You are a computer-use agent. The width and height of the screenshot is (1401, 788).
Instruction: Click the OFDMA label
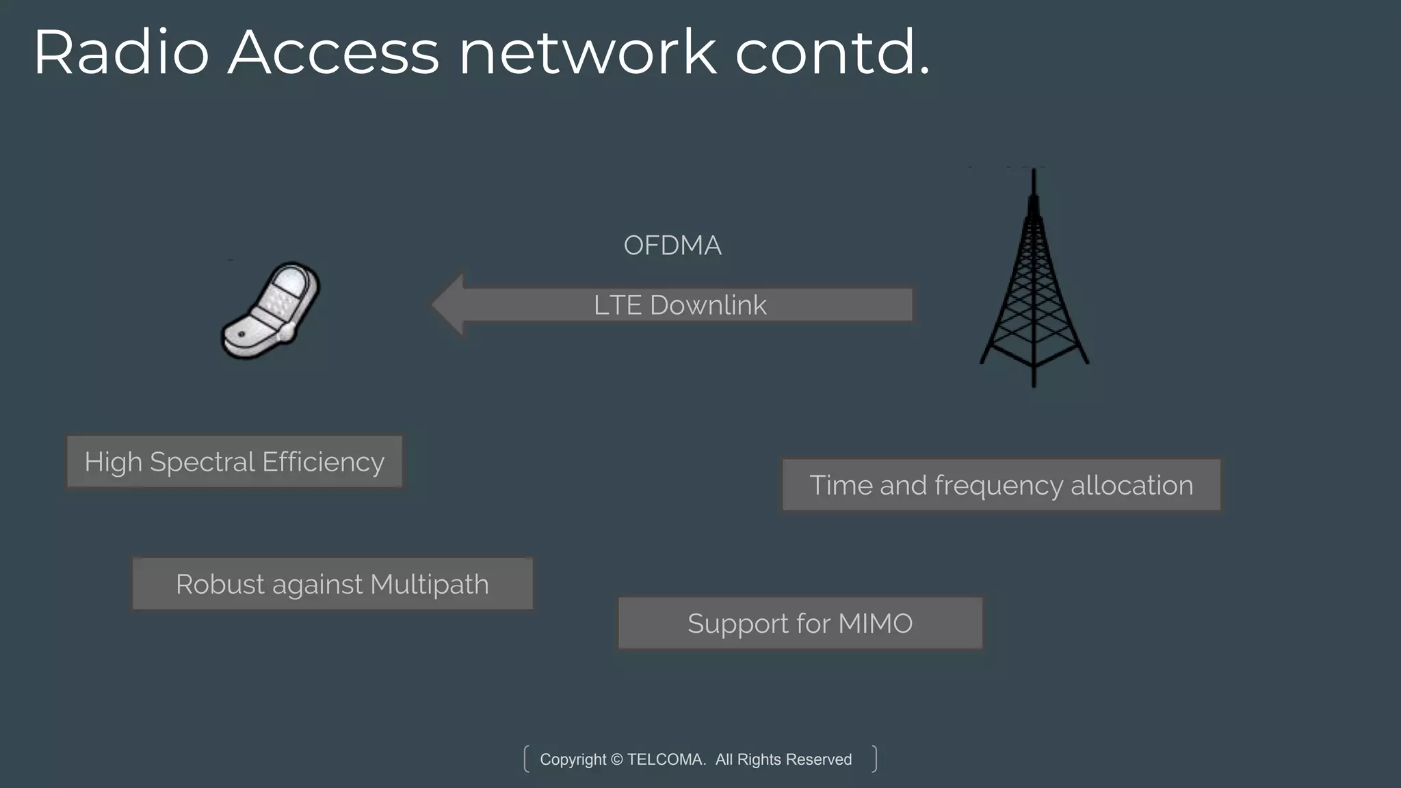tap(672, 246)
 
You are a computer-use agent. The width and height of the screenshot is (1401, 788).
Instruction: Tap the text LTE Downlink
tap(680, 305)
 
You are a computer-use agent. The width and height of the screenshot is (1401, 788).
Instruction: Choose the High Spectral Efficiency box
tap(235, 462)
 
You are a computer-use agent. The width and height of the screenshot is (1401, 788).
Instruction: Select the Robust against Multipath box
tap(332, 584)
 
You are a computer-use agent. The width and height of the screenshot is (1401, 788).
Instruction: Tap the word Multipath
tap(430, 584)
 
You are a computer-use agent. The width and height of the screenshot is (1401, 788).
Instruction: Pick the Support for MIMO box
tap(800, 623)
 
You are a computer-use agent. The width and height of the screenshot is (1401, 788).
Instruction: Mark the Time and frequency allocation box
tap(1001, 485)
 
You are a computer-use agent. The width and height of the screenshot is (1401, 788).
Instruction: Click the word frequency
tap(999, 485)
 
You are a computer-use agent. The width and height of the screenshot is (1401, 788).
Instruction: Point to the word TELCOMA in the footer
tap(666, 759)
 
